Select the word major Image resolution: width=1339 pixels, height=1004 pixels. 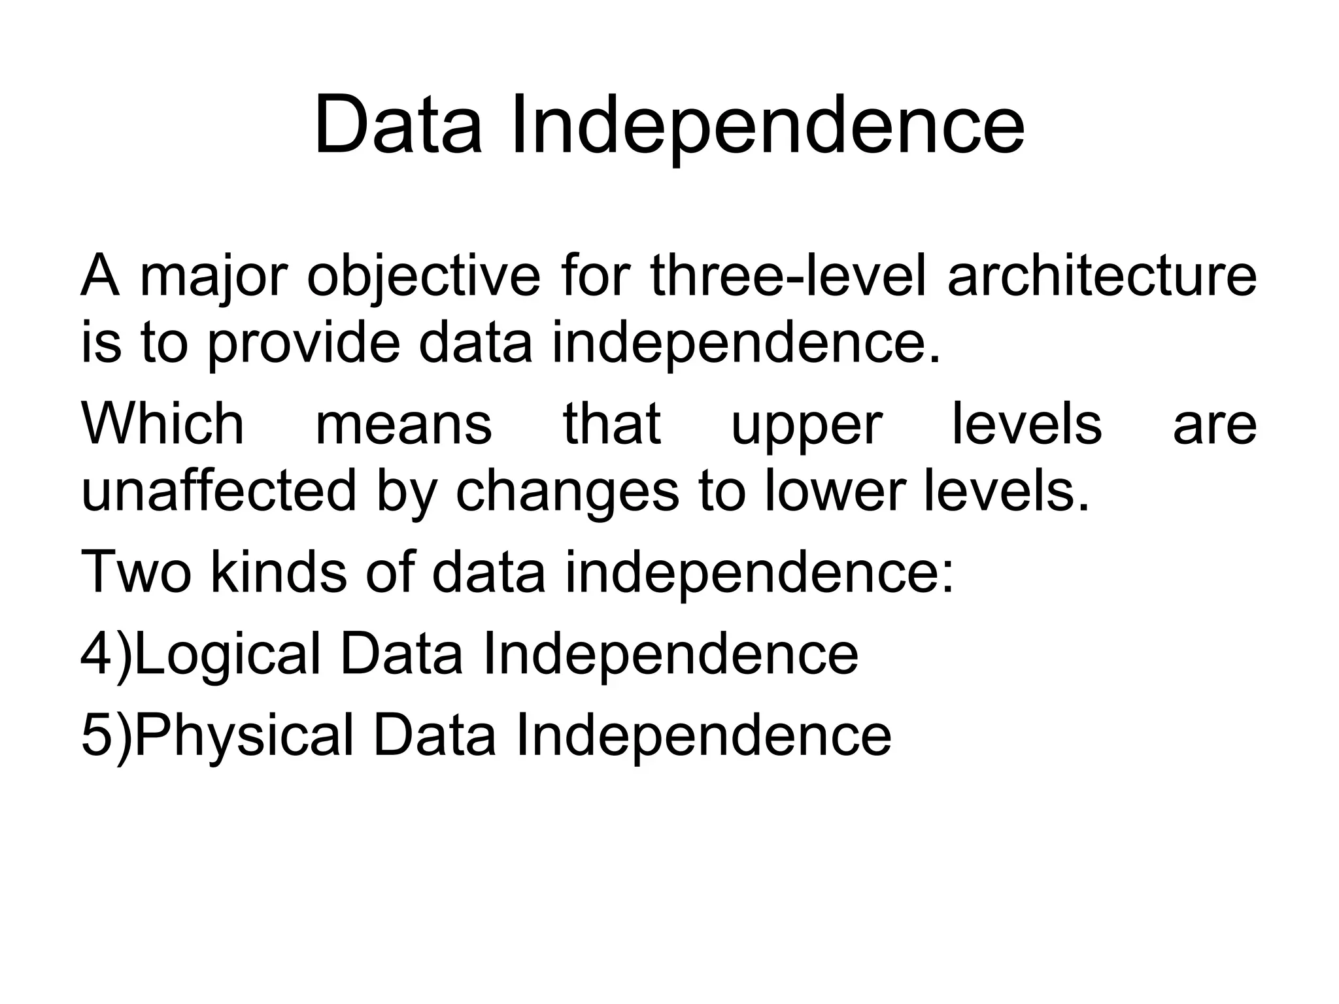coord(213,278)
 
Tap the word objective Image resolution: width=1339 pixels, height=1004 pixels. coord(424,278)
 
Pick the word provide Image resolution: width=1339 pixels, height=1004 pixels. coord(303,344)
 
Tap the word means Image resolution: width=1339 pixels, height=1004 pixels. coord(403,425)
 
